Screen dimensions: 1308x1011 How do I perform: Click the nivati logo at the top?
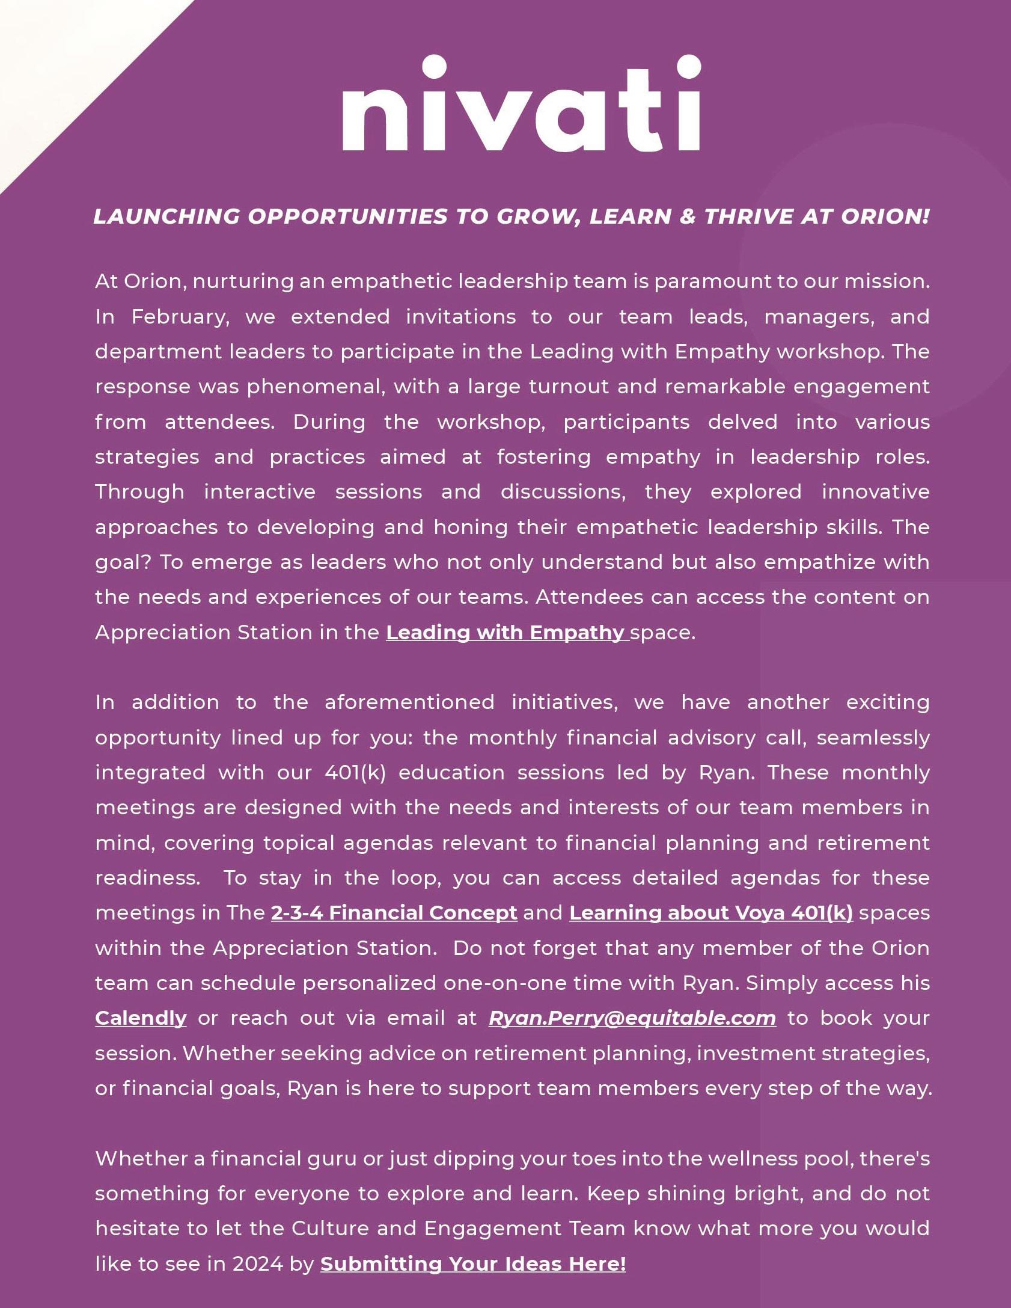(521, 103)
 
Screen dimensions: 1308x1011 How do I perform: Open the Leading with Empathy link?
(506, 633)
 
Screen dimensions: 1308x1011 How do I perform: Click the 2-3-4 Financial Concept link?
(394, 913)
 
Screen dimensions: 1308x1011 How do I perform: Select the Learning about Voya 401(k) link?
(710, 913)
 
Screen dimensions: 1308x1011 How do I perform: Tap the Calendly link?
(141, 1018)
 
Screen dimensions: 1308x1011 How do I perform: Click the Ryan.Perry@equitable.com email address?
(632, 1018)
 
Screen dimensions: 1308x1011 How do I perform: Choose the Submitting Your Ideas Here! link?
(473, 1263)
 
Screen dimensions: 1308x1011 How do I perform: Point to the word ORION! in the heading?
(885, 216)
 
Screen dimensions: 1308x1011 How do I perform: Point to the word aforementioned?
(409, 702)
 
